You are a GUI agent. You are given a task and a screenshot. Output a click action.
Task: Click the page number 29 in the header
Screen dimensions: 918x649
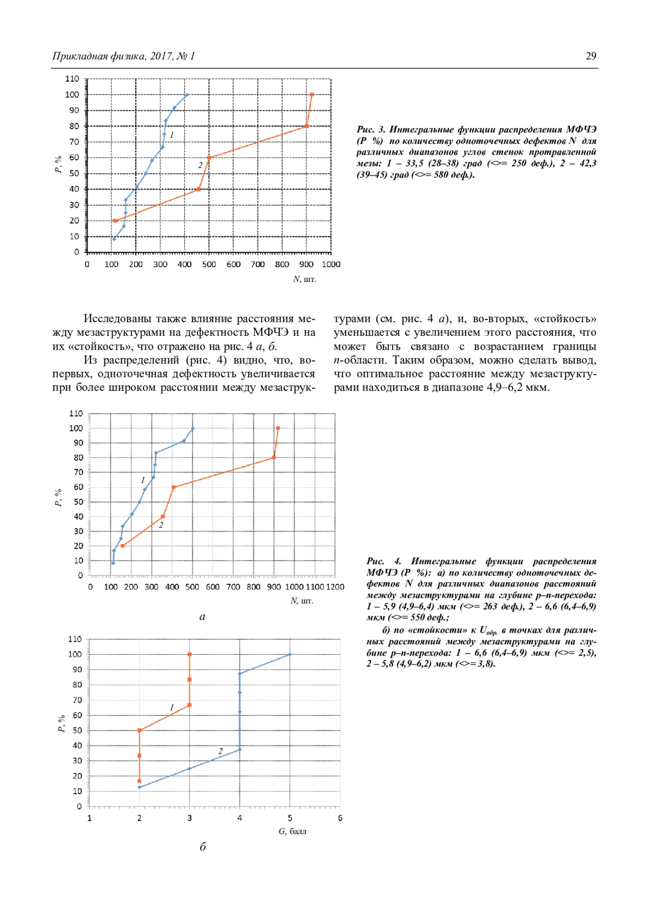coord(591,56)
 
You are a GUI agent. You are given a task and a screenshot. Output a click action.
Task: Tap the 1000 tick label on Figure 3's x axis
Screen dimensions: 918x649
coord(331,264)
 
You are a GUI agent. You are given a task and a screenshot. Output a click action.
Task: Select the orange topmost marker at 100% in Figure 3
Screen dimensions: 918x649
coord(312,95)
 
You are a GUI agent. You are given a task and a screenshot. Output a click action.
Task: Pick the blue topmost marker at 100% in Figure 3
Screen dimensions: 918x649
coord(187,95)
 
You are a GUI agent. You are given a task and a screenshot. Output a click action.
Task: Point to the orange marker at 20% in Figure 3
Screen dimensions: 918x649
coord(115,221)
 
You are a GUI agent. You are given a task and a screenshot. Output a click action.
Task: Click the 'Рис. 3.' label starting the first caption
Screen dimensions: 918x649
coord(370,130)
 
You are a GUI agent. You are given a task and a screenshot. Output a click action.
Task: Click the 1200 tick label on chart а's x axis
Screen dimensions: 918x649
coord(335,587)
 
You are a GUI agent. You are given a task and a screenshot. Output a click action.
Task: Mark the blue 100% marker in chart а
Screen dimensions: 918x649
coord(193,428)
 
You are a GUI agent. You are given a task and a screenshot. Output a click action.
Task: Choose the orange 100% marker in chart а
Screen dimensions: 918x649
coord(278,428)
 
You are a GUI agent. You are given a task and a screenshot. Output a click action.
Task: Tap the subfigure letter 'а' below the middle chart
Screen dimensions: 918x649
coord(202,616)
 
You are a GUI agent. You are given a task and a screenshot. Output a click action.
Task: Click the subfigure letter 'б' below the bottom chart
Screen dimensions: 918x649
coord(203,847)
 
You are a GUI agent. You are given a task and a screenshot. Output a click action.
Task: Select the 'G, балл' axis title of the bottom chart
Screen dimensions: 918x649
coord(292,831)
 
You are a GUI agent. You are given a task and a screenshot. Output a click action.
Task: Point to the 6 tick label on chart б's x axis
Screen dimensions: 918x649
coord(340,818)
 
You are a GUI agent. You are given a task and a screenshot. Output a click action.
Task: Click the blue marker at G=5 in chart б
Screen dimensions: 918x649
coord(290,654)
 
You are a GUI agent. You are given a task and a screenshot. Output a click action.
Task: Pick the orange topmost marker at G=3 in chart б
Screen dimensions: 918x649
coord(189,654)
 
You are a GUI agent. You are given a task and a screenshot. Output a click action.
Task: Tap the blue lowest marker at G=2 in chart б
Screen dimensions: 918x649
coord(140,787)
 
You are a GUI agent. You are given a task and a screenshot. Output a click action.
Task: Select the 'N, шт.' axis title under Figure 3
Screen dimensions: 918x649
coord(304,279)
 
